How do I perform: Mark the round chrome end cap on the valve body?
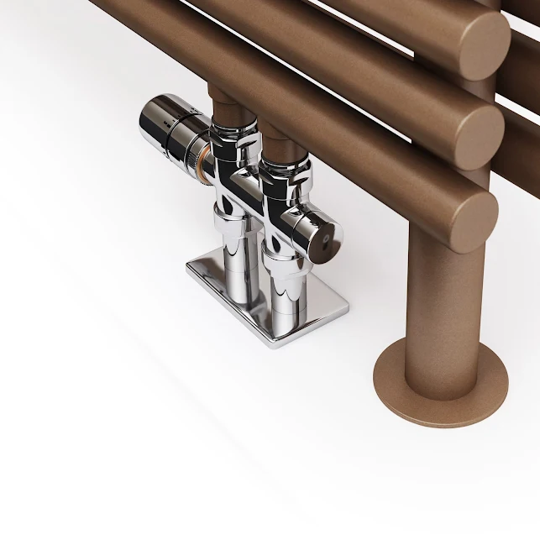(319, 235)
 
